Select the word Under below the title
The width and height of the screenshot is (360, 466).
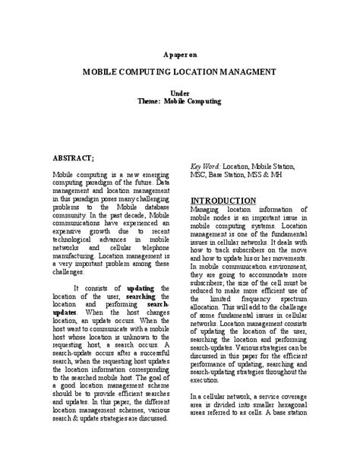click(x=180, y=92)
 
